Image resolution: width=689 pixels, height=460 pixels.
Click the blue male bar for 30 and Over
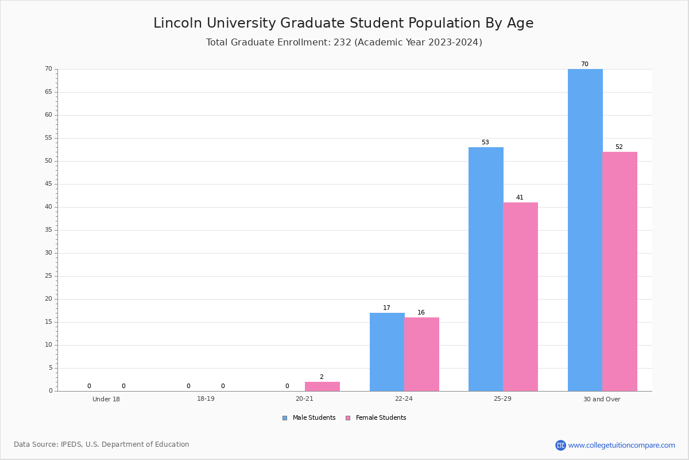click(585, 230)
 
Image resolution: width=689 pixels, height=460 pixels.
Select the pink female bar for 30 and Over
click(620, 271)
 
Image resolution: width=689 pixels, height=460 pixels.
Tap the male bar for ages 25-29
click(486, 269)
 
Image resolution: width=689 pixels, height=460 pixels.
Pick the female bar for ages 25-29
click(520, 297)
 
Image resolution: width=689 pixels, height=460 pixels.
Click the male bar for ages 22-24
click(387, 352)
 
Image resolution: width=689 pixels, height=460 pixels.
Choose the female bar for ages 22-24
click(421, 354)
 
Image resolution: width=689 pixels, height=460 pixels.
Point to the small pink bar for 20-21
click(322, 386)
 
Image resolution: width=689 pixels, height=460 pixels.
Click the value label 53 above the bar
click(485, 143)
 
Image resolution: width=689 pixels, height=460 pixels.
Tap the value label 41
click(520, 197)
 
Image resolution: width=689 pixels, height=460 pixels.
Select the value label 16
click(421, 312)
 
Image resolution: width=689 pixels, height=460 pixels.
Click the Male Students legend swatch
click(285, 418)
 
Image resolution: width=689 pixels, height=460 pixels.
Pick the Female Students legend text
click(381, 417)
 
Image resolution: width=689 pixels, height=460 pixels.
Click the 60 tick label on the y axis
click(49, 115)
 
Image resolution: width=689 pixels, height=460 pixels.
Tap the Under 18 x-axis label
click(106, 399)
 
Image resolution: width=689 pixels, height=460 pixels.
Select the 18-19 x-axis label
click(206, 398)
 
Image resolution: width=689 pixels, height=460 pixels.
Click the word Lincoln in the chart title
click(177, 23)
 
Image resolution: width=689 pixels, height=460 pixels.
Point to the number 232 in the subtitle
click(342, 42)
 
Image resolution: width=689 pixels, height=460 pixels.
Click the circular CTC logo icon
click(560, 445)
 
